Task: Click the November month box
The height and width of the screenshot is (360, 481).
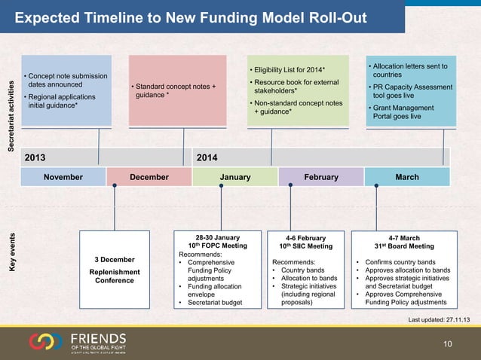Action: [64, 176]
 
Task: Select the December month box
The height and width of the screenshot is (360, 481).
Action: [149, 176]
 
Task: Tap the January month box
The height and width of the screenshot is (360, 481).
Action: [235, 176]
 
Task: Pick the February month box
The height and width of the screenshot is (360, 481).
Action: [321, 176]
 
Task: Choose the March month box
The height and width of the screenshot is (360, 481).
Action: [407, 176]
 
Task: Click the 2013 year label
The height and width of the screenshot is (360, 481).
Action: [36, 157]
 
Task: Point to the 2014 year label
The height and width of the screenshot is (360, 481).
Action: [207, 157]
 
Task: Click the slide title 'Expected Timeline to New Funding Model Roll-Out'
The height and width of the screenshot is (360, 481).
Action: [191, 17]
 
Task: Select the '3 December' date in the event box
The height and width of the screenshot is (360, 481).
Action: [115, 260]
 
